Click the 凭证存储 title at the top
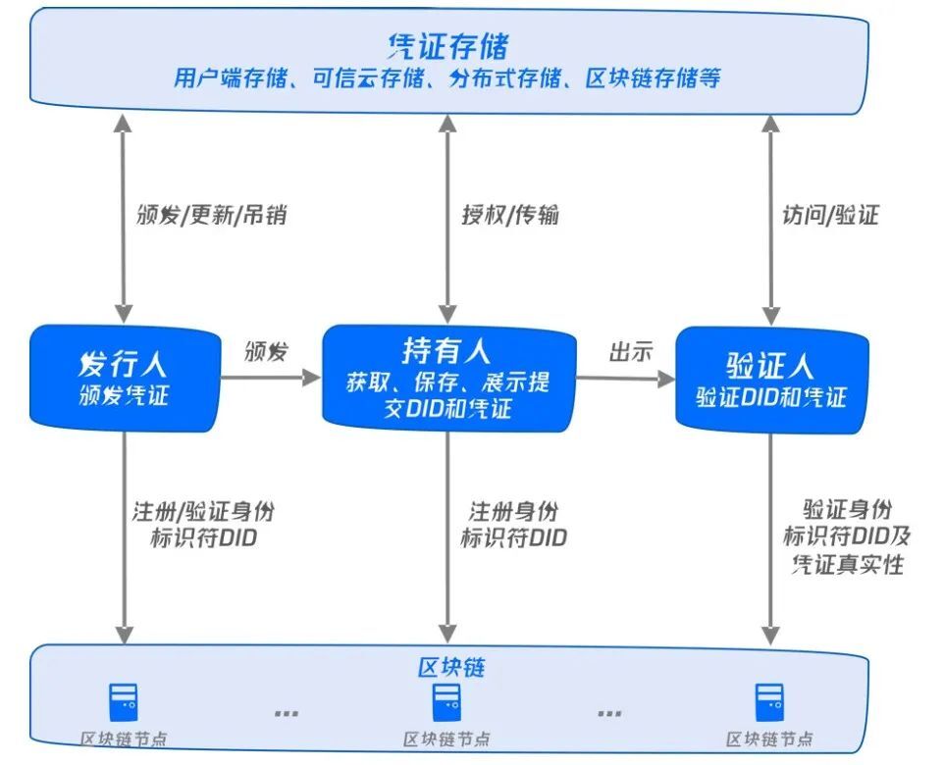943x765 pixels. pyautogui.click(x=447, y=45)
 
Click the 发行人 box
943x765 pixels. pyautogui.click(x=124, y=379)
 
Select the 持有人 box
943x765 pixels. pyautogui.click(x=447, y=379)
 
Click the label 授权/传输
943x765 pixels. pyautogui.click(x=510, y=215)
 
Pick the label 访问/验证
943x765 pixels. pyautogui.click(x=830, y=215)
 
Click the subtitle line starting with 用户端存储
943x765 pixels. pyautogui.click(x=447, y=77)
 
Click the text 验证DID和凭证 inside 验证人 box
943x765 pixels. pyautogui.click(x=771, y=397)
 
